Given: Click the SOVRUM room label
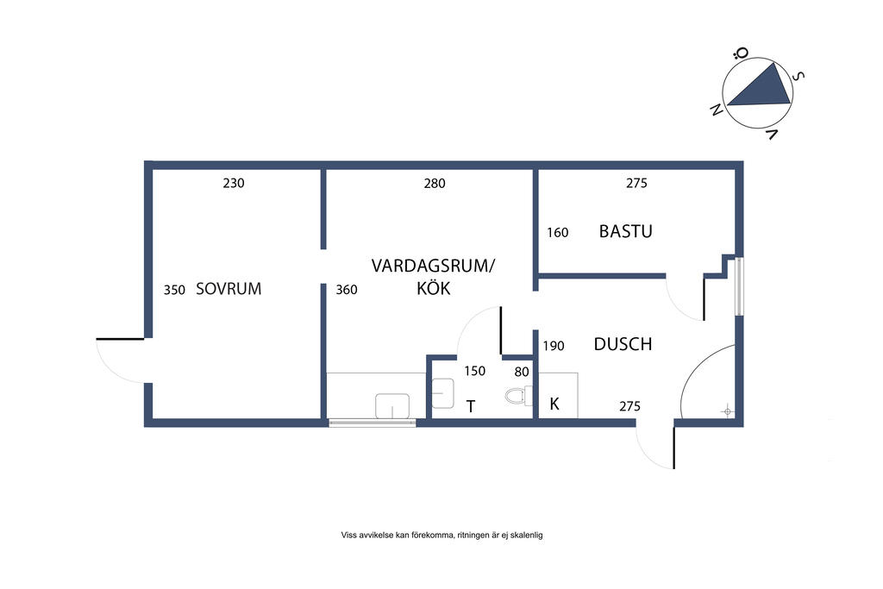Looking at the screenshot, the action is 229,289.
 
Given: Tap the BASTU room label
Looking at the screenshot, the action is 626,231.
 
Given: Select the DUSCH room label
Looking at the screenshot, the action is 623,344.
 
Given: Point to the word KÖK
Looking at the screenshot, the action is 434,288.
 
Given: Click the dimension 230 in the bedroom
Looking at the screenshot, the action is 234,183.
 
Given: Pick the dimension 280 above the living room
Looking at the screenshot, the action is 435,183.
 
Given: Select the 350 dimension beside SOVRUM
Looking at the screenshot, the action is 174,290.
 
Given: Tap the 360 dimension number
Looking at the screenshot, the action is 347,290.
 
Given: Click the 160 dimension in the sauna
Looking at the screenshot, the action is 558,233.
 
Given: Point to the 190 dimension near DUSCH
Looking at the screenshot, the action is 554,346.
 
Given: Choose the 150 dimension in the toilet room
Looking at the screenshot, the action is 475,371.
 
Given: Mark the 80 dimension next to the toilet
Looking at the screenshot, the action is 522,373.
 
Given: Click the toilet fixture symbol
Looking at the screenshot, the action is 518,396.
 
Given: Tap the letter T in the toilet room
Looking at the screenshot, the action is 471,406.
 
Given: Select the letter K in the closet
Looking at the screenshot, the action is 554,404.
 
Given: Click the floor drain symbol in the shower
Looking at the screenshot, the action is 728,412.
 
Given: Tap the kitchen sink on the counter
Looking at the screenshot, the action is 392,406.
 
